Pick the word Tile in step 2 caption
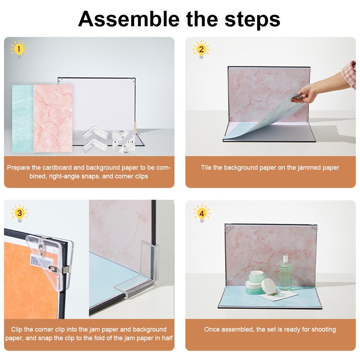(x=206, y=168)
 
